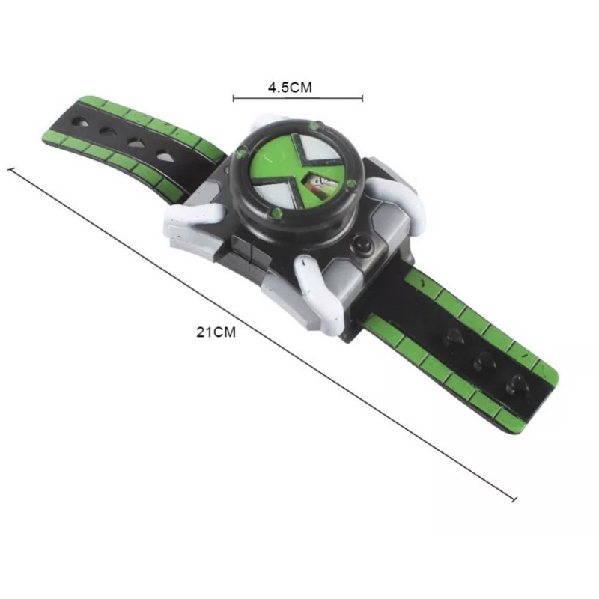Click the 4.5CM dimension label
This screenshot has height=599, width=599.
[x=290, y=88]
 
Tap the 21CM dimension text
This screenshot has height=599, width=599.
[x=216, y=332]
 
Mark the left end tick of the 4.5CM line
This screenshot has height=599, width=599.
[x=234, y=98]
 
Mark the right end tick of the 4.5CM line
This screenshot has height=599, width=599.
[x=362, y=98]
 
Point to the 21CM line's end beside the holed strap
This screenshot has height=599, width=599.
[x=11, y=169]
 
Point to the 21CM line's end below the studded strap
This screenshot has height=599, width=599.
[x=514, y=499]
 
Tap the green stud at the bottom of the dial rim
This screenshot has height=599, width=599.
[x=276, y=213]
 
